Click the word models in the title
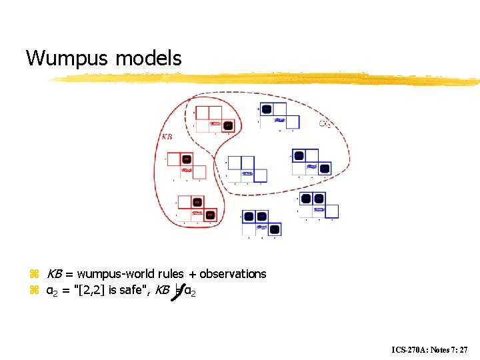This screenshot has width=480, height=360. point(149,59)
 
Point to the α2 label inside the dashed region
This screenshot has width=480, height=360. point(325,123)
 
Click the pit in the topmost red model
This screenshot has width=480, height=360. point(229,125)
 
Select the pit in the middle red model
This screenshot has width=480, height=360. point(187,159)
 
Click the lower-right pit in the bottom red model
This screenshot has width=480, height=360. point(210,215)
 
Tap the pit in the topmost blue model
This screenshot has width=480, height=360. point(267,109)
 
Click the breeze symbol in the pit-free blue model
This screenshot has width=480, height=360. point(247,173)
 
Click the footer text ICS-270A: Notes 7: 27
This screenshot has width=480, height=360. point(431,349)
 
